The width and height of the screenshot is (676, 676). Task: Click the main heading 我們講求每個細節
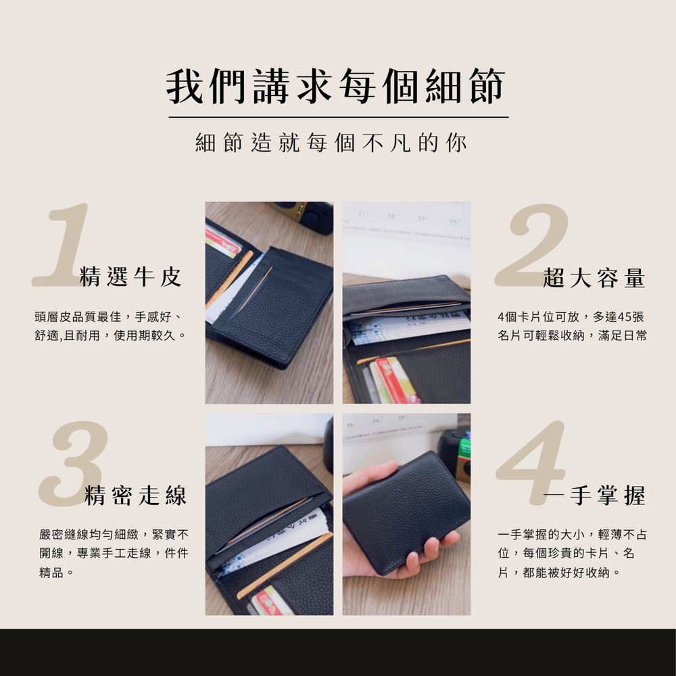pos(335,87)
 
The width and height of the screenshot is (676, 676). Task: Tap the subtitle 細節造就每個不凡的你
pos(331,143)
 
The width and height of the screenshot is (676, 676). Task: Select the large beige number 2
pos(532,245)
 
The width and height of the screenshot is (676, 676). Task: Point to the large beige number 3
pos(73,464)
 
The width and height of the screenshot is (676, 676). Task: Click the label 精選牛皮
pos(130,276)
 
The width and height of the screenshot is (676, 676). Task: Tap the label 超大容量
pos(594,278)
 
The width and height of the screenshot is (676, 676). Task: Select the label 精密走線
pos(136,495)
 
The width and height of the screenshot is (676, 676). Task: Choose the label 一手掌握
pos(594,496)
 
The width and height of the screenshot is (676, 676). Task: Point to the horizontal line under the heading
pos(339,117)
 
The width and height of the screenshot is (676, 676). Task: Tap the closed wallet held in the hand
pos(406,512)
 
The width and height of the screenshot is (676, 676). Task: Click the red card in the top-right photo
pos(395,380)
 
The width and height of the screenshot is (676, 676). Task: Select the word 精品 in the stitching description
pos(51,573)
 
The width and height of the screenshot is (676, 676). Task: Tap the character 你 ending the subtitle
pos(456,143)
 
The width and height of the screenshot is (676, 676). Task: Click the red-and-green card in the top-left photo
pos(223,241)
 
